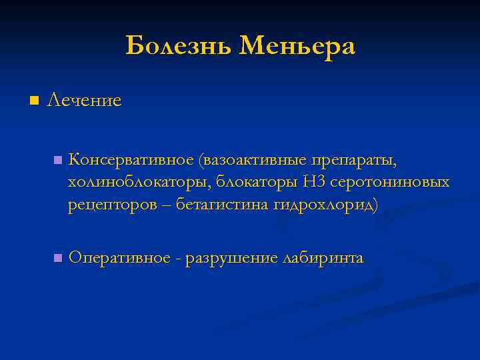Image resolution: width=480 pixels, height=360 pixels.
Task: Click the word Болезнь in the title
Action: (178, 46)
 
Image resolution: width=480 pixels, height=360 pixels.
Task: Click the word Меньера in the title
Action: (297, 46)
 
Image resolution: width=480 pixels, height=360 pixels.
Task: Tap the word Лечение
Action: (84, 101)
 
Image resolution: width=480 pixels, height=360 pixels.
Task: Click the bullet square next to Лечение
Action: (35, 101)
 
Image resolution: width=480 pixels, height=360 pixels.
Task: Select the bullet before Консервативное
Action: (58, 161)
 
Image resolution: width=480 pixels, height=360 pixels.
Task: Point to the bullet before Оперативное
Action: (58, 258)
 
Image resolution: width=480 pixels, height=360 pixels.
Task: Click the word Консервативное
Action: (131, 161)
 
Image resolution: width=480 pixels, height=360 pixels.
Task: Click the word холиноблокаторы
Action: (139, 183)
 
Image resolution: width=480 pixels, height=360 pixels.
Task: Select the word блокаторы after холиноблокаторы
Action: (257, 183)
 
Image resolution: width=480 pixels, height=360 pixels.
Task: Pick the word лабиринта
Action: (323, 258)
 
